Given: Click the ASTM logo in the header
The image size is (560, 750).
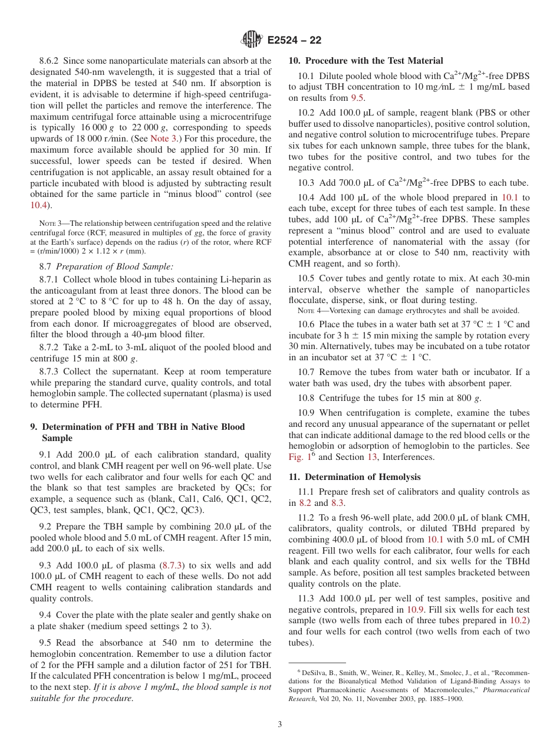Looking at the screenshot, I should pos(251,40).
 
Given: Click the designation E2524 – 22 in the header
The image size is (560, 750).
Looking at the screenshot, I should pos(294,41).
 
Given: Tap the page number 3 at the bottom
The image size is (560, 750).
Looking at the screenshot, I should pos(280,724).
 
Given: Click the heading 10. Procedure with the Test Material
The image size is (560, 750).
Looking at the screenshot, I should pos(365,61).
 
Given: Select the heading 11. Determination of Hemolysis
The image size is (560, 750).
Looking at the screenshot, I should pos(354,477).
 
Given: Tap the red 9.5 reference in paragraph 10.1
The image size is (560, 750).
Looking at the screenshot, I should pos(357,98).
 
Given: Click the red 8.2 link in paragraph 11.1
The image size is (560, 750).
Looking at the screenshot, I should pos(305,503).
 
